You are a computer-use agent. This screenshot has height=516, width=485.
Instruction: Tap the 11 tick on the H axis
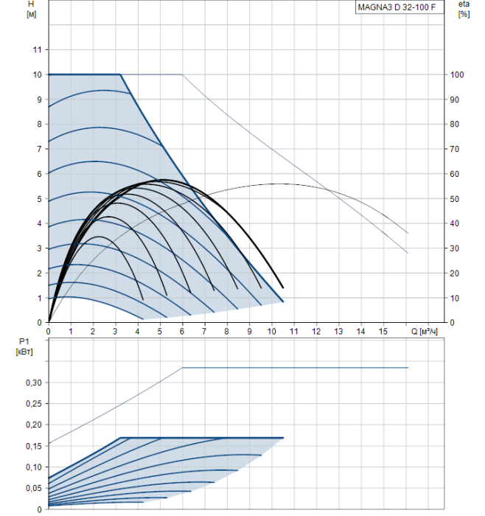click(36, 50)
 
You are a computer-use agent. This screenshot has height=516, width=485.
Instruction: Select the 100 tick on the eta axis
click(457, 75)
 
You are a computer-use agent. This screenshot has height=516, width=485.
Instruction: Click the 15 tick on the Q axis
click(383, 332)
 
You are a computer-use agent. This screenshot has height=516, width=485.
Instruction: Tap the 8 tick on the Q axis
click(227, 332)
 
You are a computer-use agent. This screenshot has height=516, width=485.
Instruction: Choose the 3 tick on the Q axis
click(116, 332)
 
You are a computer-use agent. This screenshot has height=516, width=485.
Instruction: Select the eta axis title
click(463, 5)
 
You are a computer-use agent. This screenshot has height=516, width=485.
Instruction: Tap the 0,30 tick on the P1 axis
click(32, 383)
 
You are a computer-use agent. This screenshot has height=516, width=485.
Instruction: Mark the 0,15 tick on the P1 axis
click(32, 446)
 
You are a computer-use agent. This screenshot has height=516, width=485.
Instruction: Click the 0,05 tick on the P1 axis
click(32, 489)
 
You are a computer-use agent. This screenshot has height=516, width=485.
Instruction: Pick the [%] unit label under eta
click(463, 14)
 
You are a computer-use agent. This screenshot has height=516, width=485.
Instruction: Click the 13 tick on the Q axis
click(338, 332)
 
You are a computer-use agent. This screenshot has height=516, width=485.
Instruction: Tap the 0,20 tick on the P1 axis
click(32, 425)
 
